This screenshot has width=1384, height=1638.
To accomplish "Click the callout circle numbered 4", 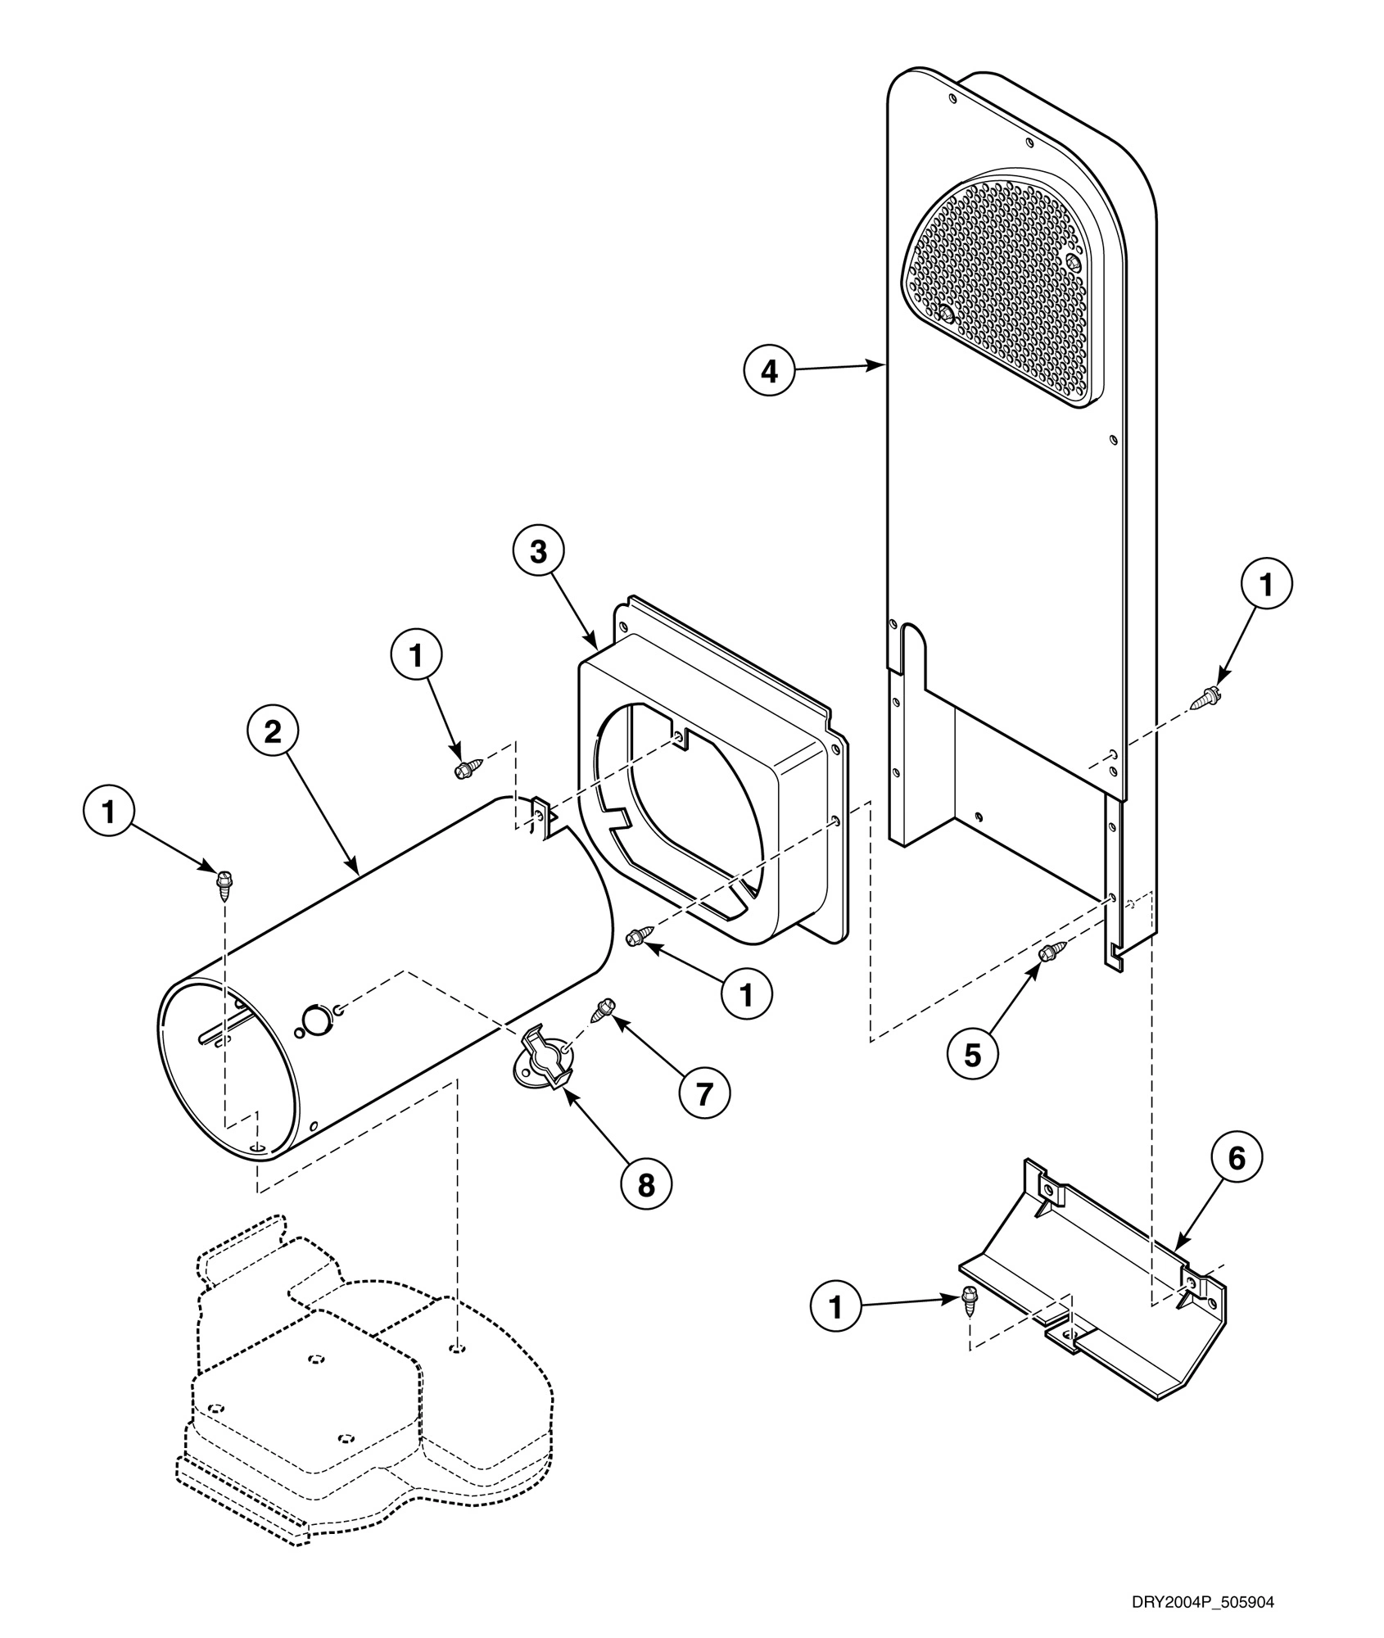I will tap(769, 371).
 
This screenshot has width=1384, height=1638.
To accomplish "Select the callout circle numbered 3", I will tap(538, 552).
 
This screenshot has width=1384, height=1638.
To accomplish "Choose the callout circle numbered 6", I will tap(1237, 1158).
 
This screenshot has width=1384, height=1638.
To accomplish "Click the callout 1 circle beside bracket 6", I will tap(835, 1307).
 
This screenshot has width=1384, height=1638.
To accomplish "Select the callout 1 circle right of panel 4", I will tap(1266, 585).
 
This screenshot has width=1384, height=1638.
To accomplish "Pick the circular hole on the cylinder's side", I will tap(315, 1019).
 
